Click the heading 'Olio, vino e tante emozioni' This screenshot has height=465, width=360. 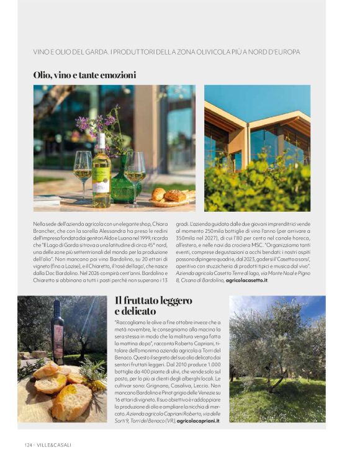pyautogui.click(x=84, y=75)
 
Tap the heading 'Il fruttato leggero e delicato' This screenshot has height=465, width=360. pyautogui.click(x=153, y=305)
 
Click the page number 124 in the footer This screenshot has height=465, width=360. pyautogui.click(x=29, y=444)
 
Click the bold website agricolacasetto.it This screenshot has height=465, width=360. pyautogui.click(x=246, y=281)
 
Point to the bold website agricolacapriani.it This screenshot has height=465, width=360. pyautogui.click(x=198, y=420)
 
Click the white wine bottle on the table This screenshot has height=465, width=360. pyautogui.click(x=101, y=172)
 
